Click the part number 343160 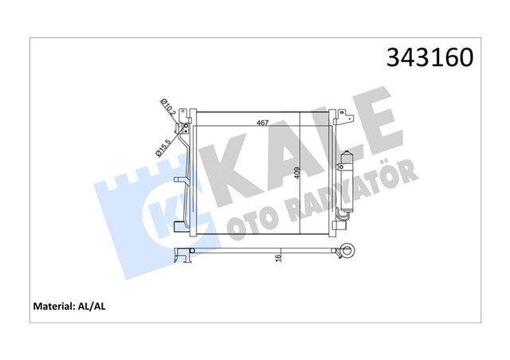click(430, 57)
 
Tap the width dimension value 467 click(261, 123)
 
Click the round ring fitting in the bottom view click(347, 252)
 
